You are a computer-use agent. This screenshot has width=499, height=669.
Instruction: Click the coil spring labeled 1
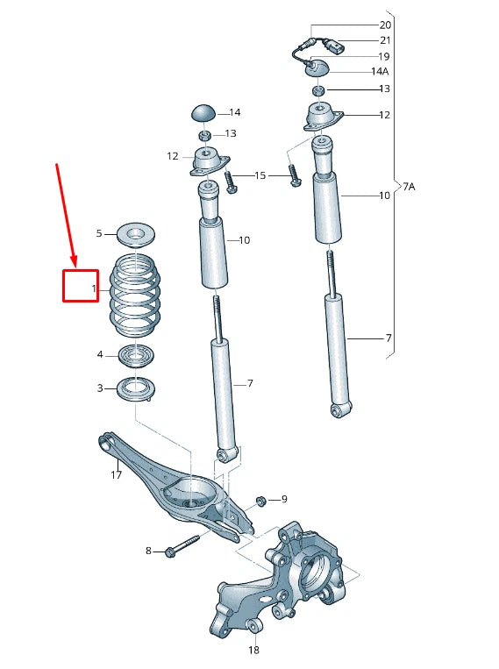[x=134, y=295]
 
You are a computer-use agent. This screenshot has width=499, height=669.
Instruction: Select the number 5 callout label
[x=99, y=233]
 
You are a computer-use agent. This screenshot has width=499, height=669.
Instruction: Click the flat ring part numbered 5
[x=134, y=233]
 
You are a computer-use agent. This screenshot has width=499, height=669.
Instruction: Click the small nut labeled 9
[x=260, y=501]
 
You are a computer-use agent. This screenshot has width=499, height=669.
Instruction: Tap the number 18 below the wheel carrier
[x=253, y=651]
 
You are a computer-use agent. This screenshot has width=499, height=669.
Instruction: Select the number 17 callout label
[x=116, y=475]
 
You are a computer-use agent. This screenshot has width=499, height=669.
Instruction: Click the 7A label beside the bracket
[x=409, y=187]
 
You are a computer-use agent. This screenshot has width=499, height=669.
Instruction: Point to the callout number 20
[x=385, y=25]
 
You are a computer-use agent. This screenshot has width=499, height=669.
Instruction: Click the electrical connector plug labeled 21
[x=336, y=46]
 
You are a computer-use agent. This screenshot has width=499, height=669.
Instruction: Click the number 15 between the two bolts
[x=260, y=176]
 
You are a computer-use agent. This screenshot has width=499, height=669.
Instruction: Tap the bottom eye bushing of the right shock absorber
[x=340, y=409]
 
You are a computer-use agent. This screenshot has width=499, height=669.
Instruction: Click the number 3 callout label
[x=99, y=388]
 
